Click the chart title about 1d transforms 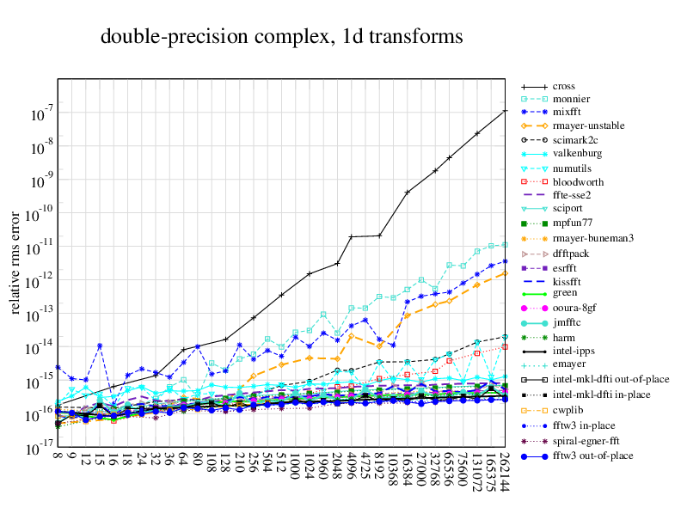tap(281, 37)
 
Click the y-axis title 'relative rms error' tap(16, 261)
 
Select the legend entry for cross tap(564, 87)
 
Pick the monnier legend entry tap(571, 100)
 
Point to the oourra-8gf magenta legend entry tap(575, 308)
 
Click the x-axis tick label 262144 tap(505, 473)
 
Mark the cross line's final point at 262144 tap(505, 111)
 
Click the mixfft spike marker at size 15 tap(100, 346)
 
